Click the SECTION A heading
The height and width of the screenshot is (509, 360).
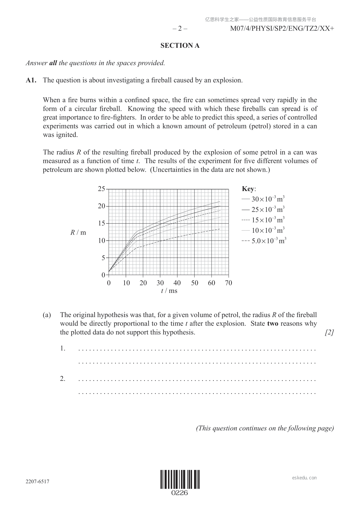[x=180, y=46]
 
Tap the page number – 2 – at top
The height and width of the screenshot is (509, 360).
[x=180, y=29]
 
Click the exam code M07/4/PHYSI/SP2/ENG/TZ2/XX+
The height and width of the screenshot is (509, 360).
[x=282, y=29]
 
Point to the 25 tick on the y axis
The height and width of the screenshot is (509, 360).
[x=101, y=189]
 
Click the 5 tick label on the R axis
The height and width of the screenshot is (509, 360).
[x=103, y=258]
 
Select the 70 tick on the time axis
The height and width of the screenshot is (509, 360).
[x=229, y=283]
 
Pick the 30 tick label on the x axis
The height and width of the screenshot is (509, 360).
[x=160, y=283]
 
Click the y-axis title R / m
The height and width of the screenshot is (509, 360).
[x=78, y=232]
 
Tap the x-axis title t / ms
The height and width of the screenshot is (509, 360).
[x=169, y=291]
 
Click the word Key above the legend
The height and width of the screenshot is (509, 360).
[x=248, y=189]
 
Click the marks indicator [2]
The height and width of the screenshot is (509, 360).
[x=329, y=332]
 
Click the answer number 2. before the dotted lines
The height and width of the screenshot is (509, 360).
[x=63, y=379]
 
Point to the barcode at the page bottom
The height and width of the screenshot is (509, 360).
[x=180, y=480]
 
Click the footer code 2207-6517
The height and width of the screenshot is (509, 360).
[x=37, y=481]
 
